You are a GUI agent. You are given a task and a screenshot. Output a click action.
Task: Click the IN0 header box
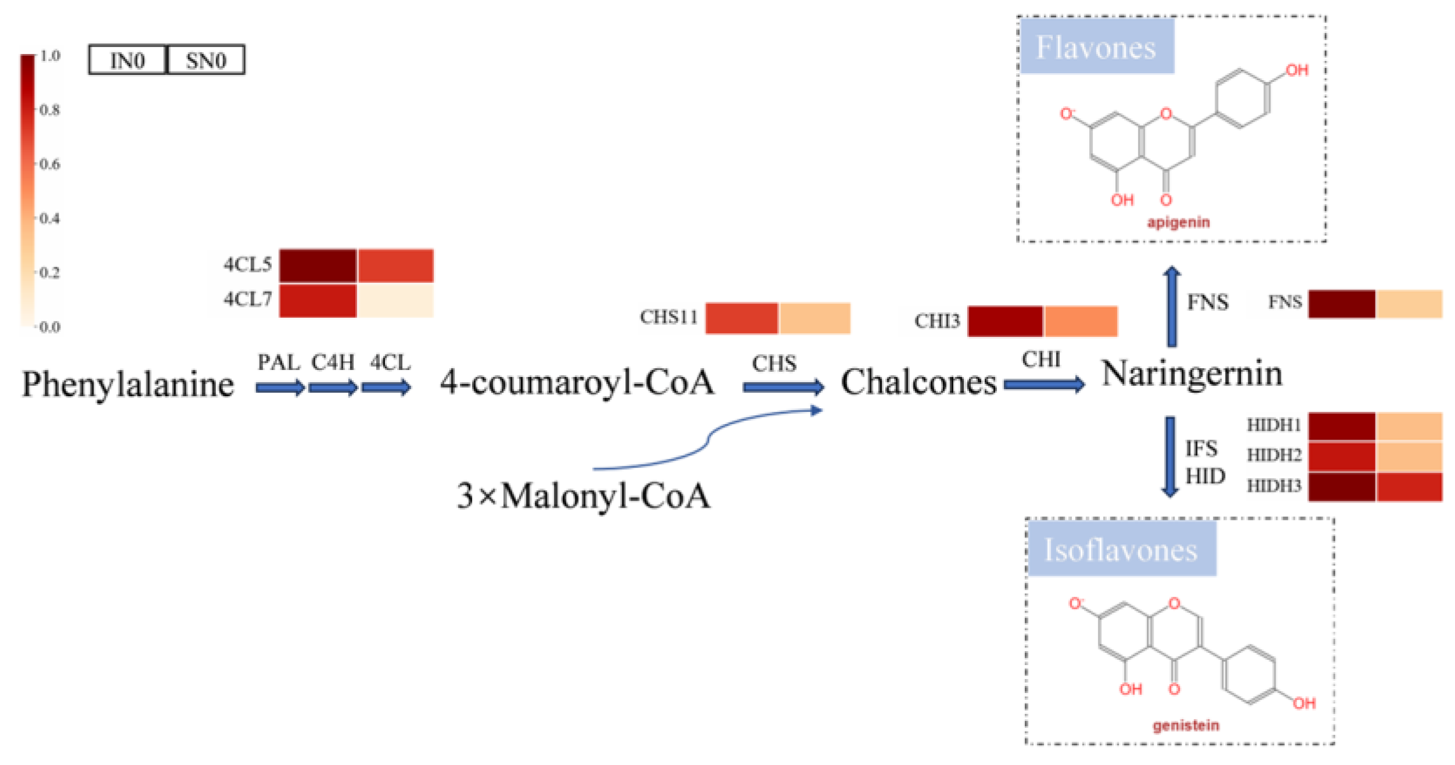click(x=127, y=60)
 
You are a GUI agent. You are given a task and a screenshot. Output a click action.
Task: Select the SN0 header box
click(x=206, y=60)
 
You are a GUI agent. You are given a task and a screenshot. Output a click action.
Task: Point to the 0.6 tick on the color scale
click(x=49, y=164)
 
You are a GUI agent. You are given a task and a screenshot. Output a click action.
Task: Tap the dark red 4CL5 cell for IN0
click(x=318, y=265)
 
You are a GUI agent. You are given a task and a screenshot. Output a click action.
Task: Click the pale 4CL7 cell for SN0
click(x=395, y=300)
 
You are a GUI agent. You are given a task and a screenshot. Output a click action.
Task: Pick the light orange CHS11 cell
click(x=815, y=318)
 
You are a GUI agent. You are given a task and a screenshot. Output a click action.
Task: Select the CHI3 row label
click(x=937, y=321)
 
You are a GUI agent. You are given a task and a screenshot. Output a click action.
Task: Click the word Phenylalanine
click(x=128, y=384)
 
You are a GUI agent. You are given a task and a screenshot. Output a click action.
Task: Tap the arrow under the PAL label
click(x=280, y=387)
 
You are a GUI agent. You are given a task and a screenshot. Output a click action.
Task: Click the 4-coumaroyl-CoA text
click(x=577, y=382)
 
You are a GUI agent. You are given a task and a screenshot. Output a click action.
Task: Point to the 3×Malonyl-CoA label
click(x=584, y=496)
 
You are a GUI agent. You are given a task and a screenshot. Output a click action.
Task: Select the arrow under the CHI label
click(x=1043, y=384)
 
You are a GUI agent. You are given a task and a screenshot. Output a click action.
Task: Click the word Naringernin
click(x=1191, y=373)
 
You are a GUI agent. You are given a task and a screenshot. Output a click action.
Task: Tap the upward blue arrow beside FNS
click(x=1172, y=307)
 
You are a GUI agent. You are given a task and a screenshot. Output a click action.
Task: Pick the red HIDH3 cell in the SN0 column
click(x=1409, y=486)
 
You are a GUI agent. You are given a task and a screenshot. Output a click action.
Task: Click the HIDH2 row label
click(x=1274, y=455)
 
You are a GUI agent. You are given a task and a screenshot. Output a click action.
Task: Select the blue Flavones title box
click(x=1096, y=46)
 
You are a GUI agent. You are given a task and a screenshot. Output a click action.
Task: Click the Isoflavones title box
click(x=1121, y=549)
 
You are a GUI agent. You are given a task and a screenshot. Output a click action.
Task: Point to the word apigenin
click(x=1178, y=222)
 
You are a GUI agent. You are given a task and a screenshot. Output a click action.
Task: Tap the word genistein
click(x=1186, y=725)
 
